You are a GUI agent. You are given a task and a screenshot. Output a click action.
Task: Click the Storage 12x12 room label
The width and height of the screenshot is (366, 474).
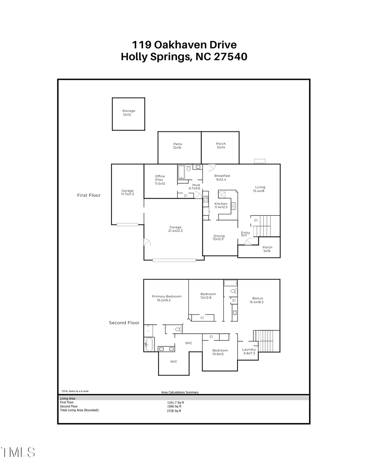click(129, 113)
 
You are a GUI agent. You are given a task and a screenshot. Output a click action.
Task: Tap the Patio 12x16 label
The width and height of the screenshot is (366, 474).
click(177, 146)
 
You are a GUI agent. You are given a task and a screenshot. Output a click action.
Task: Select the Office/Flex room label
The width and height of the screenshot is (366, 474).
click(159, 180)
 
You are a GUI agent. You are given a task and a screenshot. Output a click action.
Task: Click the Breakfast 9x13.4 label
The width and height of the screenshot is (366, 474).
click(222, 177)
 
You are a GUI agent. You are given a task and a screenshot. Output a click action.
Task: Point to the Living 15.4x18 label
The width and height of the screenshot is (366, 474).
click(260, 189)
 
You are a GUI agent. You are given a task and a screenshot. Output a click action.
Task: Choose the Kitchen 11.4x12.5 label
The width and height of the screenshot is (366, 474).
click(221, 205)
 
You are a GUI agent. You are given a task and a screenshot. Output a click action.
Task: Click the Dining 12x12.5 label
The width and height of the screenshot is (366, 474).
click(219, 238)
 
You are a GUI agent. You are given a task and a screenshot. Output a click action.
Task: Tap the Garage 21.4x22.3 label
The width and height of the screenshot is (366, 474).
click(175, 229)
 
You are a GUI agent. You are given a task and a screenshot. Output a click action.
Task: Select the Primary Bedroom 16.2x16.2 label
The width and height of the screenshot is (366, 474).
click(167, 298)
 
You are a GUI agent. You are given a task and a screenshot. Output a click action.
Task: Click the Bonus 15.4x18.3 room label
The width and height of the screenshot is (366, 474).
click(257, 300)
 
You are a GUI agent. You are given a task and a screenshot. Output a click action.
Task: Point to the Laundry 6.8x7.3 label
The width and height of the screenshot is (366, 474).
click(249, 351)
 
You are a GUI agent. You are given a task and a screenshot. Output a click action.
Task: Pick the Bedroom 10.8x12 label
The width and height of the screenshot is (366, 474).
click(220, 352)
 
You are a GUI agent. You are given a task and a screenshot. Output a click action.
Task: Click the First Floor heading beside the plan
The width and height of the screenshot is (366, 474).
click(89, 195)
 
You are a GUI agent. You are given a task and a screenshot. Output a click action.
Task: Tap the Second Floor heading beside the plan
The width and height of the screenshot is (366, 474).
click(124, 323)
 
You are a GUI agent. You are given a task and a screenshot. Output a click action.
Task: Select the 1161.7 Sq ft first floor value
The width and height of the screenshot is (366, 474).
click(172, 402)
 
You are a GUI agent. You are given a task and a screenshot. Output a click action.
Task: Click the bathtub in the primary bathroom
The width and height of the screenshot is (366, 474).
click(148, 344)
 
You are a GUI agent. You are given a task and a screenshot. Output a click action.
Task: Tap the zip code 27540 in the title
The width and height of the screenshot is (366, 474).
click(229, 57)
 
